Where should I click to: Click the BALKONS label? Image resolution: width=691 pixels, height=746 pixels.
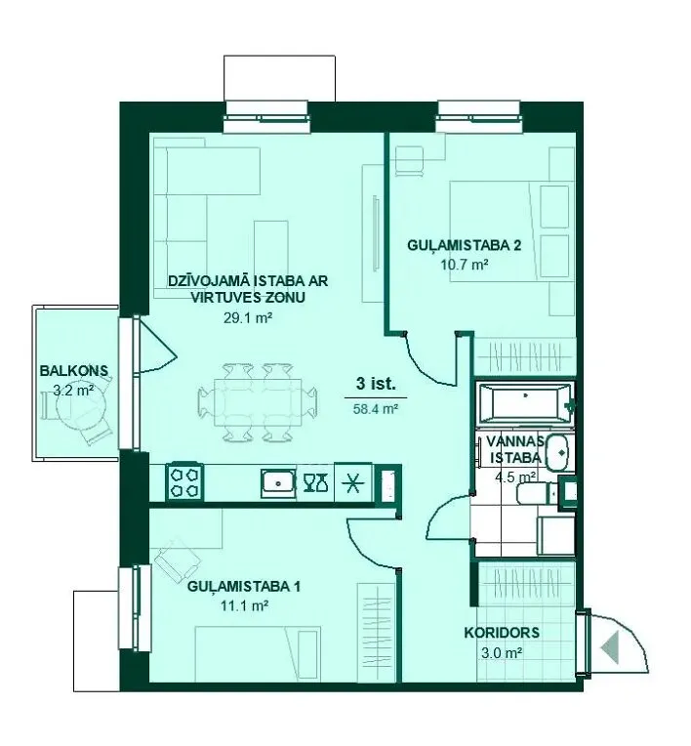[x=74, y=371]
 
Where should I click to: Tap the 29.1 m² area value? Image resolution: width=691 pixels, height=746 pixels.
[x=248, y=317]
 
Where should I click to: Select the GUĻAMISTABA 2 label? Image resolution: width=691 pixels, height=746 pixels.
[x=465, y=245]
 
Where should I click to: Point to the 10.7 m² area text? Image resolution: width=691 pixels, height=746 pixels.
[x=465, y=265]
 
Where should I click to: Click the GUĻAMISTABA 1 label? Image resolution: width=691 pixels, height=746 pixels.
[x=243, y=587]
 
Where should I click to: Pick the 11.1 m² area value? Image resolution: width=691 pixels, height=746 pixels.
[x=244, y=606]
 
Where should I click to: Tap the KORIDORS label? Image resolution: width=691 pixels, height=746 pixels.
[x=502, y=633]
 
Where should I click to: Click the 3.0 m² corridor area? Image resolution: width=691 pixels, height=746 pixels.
[x=502, y=653]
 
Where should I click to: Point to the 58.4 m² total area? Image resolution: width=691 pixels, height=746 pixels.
[x=376, y=409]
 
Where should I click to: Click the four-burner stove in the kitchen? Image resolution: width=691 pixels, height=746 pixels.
[x=184, y=482]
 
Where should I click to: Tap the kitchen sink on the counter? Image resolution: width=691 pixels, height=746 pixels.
[x=278, y=483]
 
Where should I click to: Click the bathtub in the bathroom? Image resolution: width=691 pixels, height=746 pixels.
[x=524, y=404]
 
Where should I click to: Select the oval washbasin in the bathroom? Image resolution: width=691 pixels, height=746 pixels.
[x=557, y=451]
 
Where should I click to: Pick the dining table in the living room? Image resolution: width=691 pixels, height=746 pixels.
[x=259, y=402]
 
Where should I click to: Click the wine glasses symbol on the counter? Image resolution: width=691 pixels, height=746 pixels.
[x=315, y=482]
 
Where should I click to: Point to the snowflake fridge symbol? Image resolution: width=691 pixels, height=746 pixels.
[x=353, y=483]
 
